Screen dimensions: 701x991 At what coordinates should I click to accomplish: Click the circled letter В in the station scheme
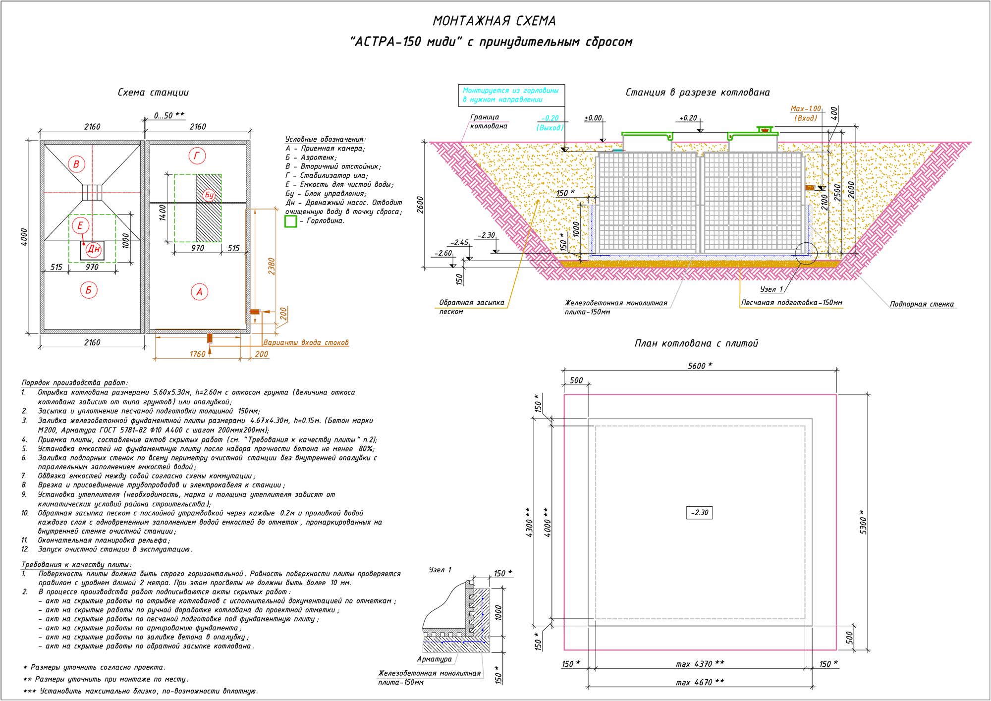click(x=76, y=164)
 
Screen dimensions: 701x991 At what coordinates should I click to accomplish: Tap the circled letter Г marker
click(x=197, y=156)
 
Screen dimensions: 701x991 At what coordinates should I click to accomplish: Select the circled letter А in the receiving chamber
click(x=199, y=292)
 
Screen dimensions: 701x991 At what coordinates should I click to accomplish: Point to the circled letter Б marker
click(x=89, y=290)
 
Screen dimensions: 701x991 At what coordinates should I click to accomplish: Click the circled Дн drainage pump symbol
click(x=93, y=250)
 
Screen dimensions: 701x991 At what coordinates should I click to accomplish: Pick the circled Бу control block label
click(x=209, y=195)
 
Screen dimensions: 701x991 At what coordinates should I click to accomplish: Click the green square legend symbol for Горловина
click(x=290, y=221)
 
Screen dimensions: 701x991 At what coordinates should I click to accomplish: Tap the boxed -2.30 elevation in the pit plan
click(x=699, y=513)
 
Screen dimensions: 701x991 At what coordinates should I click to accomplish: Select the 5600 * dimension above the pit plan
click(x=700, y=366)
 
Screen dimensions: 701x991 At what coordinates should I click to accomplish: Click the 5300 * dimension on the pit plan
click(x=863, y=522)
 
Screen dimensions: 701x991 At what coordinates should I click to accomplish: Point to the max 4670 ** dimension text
click(x=700, y=682)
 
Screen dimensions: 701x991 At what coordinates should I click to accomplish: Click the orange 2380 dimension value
click(x=272, y=266)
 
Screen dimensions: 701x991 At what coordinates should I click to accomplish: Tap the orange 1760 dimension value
click(x=197, y=354)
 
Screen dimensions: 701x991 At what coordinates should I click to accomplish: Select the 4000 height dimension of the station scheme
click(x=24, y=237)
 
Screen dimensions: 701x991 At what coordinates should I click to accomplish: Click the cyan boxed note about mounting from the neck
click(x=511, y=95)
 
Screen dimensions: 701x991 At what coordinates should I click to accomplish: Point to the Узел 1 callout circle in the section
click(x=806, y=253)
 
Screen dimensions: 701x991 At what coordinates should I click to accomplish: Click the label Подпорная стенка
click(x=921, y=304)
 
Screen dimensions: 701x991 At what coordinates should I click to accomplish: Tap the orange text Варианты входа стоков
click(x=306, y=342)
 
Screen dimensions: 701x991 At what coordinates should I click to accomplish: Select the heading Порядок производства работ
click(x=74, y=382)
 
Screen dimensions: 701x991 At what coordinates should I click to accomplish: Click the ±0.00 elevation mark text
click(x=593, y=118)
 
